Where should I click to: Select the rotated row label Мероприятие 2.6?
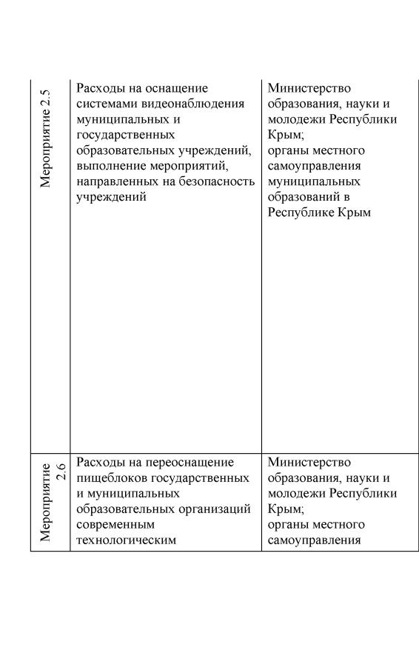click(x=52, y=503)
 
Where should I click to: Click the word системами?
click(x=104, y=104)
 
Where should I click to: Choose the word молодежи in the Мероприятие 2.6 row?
click(x=297, y=493)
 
